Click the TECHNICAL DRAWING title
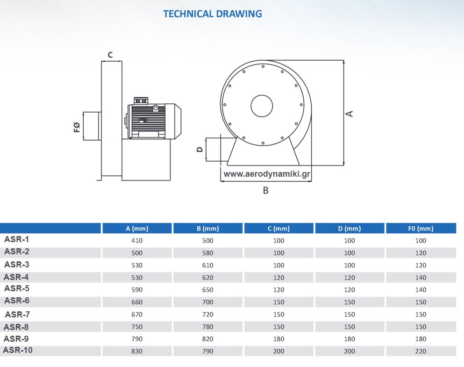coord(213,14)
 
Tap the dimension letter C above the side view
coord(110,55)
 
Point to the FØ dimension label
coord(77,127)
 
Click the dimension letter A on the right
coord(350,114)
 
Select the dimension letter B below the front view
coord(266,190)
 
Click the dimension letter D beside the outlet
coord(200,150)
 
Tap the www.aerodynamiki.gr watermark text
coord(267,174)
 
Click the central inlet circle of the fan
coord(262,106)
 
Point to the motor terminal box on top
coord(141,101)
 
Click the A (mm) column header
coord(137,229)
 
